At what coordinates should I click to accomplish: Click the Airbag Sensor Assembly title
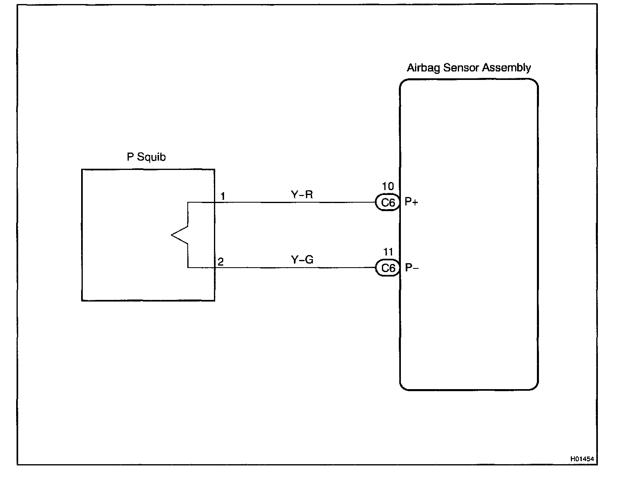click(x=469, y=67)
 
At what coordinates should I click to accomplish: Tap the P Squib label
click(x=146, y=157)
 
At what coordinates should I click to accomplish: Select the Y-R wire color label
click(x=302, y=195)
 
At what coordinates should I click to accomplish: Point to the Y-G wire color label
click(x=302, y=260)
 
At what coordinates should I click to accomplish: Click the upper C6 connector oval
click(x=388, y=202)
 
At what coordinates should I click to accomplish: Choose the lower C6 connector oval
click(x=388, y=268)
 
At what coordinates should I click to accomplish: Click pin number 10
click(x=388, y=186)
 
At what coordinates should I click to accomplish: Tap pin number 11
click(x=388, y=252)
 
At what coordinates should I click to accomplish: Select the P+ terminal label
click(x=411, y=202)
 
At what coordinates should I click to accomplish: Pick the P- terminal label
click(x=412, y=268)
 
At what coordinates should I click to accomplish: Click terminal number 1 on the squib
click(x=222, y=196)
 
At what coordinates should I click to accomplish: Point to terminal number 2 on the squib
click(x=220, y=262)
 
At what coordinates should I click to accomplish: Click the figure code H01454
click(x=582, y=459)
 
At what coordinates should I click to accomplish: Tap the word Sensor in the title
click(x=461, y=67)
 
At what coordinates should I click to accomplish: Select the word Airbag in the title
click(x=423, y=67)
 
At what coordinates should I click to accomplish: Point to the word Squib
click(x=151, y=157)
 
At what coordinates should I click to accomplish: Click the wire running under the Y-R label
click(x=302, y=202)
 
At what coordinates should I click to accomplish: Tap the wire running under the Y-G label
click(x=302, y=268)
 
